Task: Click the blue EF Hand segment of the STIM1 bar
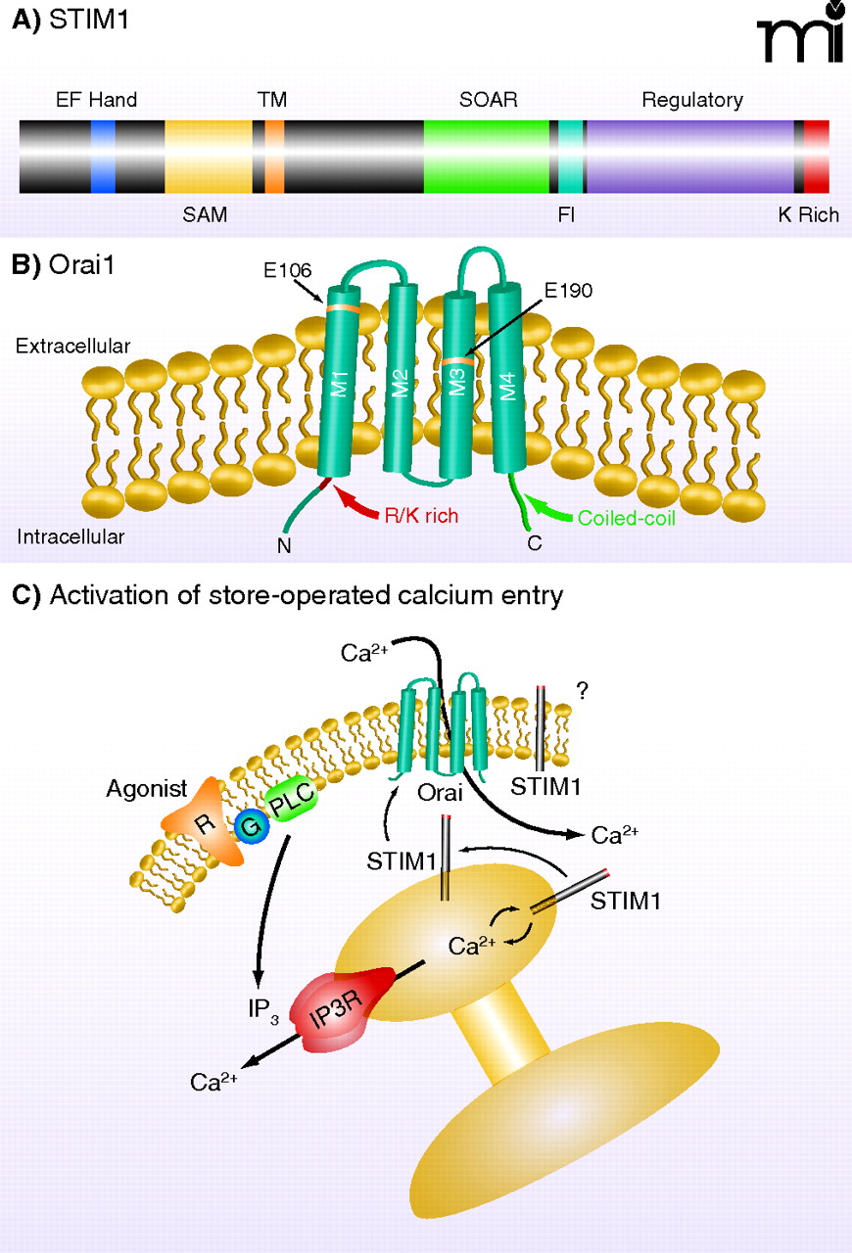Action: pos(103,157)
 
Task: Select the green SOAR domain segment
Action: pos(486,157)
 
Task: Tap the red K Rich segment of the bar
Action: pos(817,157)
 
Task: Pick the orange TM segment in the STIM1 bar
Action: pos(275,157)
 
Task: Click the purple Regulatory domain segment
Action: pos(689,157)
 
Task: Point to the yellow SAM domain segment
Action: pos(208,157)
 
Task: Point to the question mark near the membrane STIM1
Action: pos(582,692)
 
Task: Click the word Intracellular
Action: pos(63,536)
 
